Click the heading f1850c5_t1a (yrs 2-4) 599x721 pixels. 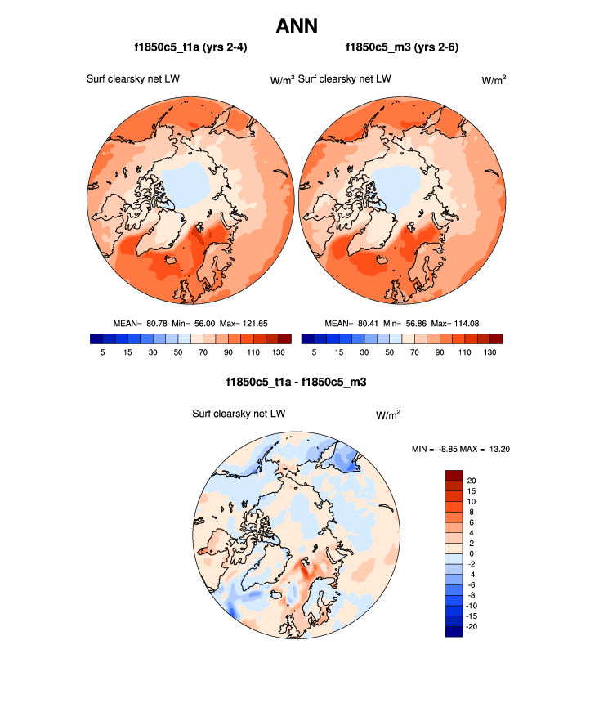[190, 48]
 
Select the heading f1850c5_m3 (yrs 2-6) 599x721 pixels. [401, 48]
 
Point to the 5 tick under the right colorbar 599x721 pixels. [315, 352]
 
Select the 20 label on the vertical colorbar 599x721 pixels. [472, 481]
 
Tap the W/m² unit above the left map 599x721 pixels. [282, 80]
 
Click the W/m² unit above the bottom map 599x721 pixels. [388, 414]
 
